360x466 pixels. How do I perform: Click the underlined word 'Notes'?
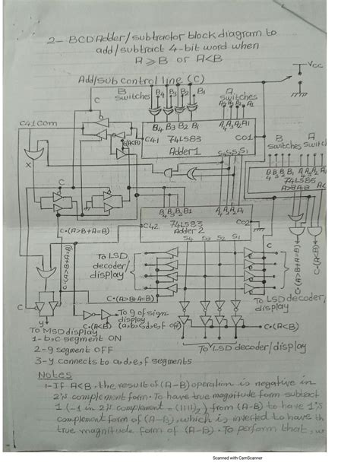(54, 375)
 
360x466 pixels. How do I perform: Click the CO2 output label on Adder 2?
(242, 222)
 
